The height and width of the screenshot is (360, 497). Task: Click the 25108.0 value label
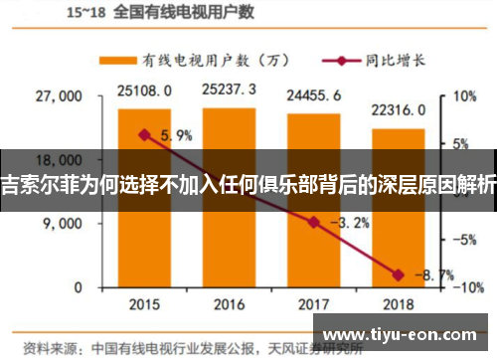(x=144, y=90)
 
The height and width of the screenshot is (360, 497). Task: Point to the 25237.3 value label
(x=230, y=90)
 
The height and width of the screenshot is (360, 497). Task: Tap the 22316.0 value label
(x=399, y=109)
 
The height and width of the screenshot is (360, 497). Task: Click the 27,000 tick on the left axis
(x=59, y=97)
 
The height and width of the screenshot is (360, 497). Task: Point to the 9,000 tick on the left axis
(x=63, y=224)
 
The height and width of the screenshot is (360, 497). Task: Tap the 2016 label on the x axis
(x=230, y=303)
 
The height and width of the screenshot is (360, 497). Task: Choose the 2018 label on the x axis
(x=399, y=303)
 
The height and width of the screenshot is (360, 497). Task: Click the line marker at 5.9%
(x=144, y=134)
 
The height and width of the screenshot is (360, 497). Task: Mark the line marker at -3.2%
(x=314, y=222)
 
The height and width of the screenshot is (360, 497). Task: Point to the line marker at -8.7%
(x=399, y=274)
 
